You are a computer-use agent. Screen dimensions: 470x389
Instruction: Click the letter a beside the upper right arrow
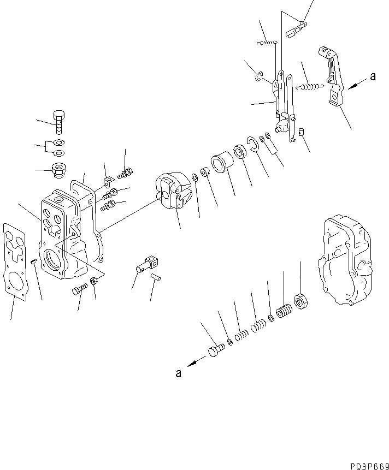pos(373,77)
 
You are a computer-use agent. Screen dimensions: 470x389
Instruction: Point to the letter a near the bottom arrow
pos(178,373)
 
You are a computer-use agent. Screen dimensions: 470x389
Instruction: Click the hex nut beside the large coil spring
pos(299,300)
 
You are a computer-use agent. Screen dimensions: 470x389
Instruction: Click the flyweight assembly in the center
pos(172,192)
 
